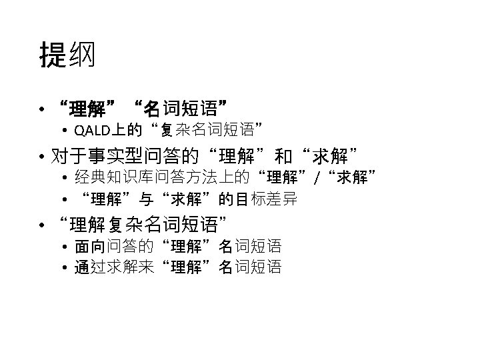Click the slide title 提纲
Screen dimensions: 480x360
pyautogui.click(x=67, y=55)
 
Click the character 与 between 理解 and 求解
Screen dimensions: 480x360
pyautogui.click(x=146, y=199)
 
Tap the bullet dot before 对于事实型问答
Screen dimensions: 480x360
pyautogui.click(x=43, y=157)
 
